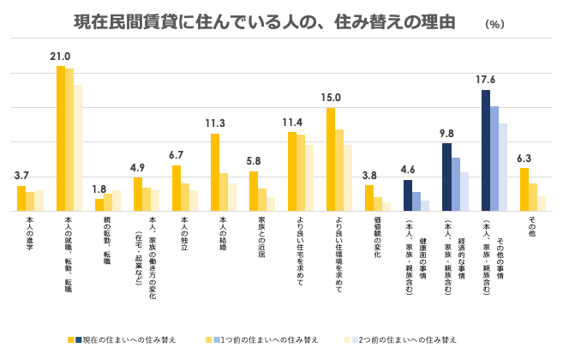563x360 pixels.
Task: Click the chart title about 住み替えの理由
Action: point(265,21)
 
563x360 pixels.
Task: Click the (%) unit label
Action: point(494,24)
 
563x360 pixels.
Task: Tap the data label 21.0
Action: point(60,57)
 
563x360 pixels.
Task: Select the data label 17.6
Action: point(486,80)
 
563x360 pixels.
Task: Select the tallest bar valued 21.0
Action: point(61,138)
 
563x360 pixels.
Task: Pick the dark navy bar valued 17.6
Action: point(485,150)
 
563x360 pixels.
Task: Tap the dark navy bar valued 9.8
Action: point(446,177)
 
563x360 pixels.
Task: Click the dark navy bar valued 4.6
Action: point(408,195)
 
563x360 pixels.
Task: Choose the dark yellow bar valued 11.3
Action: point(215,171)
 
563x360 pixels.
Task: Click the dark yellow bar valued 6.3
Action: point(524,189)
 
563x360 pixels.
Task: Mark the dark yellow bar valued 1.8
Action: point(99,204)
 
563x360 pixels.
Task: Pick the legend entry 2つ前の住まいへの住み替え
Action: point(407,340)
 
